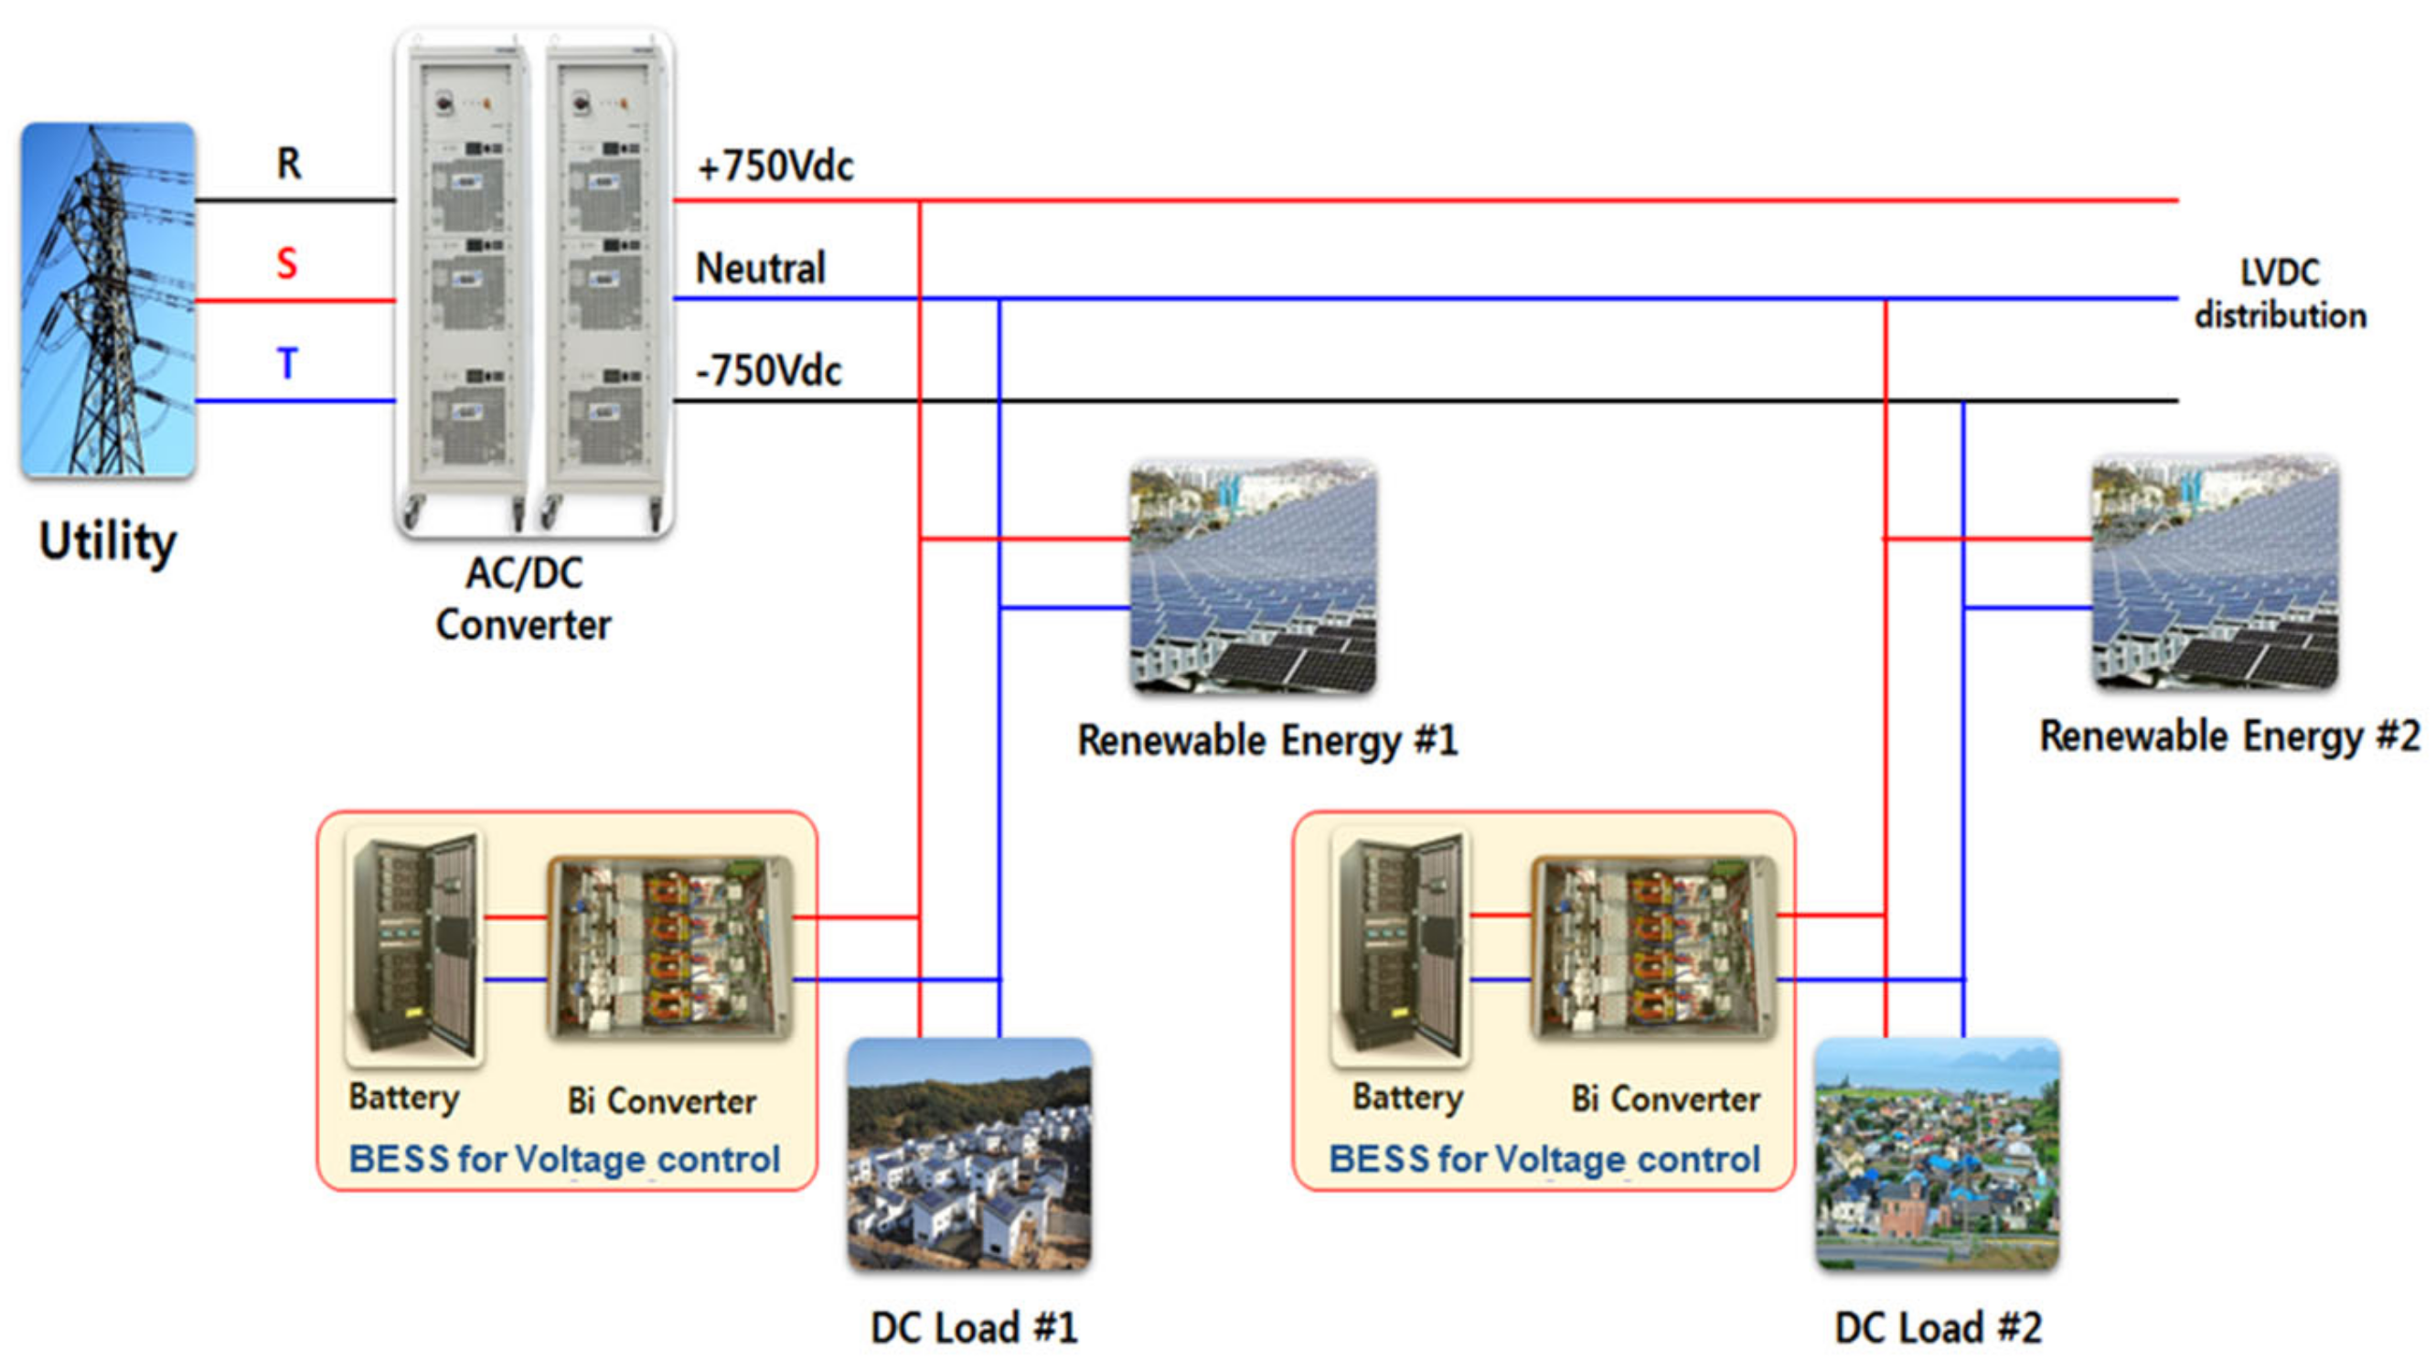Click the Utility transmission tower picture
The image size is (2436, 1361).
coord(108,299)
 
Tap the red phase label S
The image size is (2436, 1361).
coord(286,263)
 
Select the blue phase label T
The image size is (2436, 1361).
coord(287,364)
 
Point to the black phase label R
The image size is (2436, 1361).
coord(288,164)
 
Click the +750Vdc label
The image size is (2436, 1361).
coord(775,167)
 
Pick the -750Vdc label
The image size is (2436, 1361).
coord(768,370)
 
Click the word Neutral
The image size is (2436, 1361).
coord(760,269)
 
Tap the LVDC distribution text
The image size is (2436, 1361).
coord(2280,295)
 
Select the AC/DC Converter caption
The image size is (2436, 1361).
coord(524,599)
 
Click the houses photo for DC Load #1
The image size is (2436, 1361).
coord(969,1154)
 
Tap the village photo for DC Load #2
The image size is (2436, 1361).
coord(1938,1154)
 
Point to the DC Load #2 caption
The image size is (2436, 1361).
coord(1938,1328)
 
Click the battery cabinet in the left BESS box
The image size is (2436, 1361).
coord(415,946)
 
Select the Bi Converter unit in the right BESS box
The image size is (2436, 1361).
coord(1653,948)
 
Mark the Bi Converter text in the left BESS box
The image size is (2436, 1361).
coord(661,1101)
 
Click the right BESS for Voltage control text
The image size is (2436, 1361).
coord(1544,1160)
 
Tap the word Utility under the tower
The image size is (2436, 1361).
coord(108,542)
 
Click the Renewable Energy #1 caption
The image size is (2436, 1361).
coord(1267,741)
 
